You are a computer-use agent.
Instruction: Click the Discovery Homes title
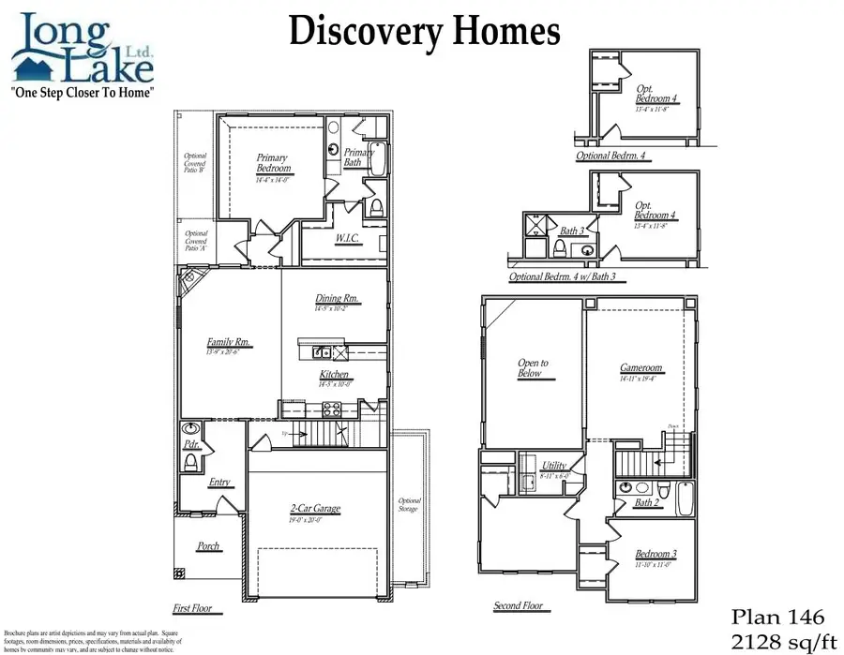click(x=424, y=31)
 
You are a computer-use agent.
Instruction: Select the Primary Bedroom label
click(x=274, y=164)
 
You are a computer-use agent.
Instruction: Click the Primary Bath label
click(x=358, y=157)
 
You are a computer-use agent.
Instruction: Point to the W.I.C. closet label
click(x=349, y=239)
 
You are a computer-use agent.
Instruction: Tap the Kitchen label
click(x=335, y=375)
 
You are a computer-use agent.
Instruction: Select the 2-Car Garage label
click(x=314, y=509)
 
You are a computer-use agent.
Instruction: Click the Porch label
click(x=207, y=546)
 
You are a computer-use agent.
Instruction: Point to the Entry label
click(x=219, y=483)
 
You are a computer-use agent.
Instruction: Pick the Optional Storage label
click(x=410, y=505)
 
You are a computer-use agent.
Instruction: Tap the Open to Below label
click(x=533, y=367)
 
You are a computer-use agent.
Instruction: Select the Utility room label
click(x=555, y=465)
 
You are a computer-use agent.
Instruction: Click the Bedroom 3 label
click(x=656, y=554)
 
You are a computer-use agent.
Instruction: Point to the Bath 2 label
click(x=646, y=503)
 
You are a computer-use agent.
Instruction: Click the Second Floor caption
click(x=519, y=606)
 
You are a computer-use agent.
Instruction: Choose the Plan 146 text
click(x=777, y=617)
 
